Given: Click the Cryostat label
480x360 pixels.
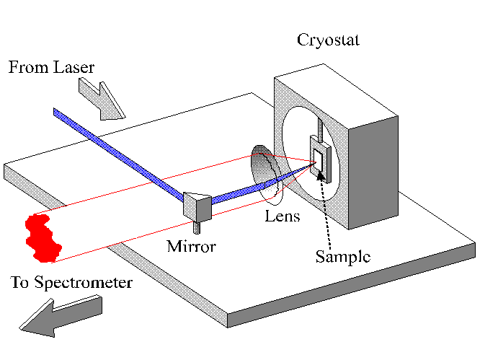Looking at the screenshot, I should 328,40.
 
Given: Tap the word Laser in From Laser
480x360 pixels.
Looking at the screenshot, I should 75,69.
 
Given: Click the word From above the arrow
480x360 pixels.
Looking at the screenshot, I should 27,69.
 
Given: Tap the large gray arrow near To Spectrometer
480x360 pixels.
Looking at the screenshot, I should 61,315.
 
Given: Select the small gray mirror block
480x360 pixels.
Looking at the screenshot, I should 197,205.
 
